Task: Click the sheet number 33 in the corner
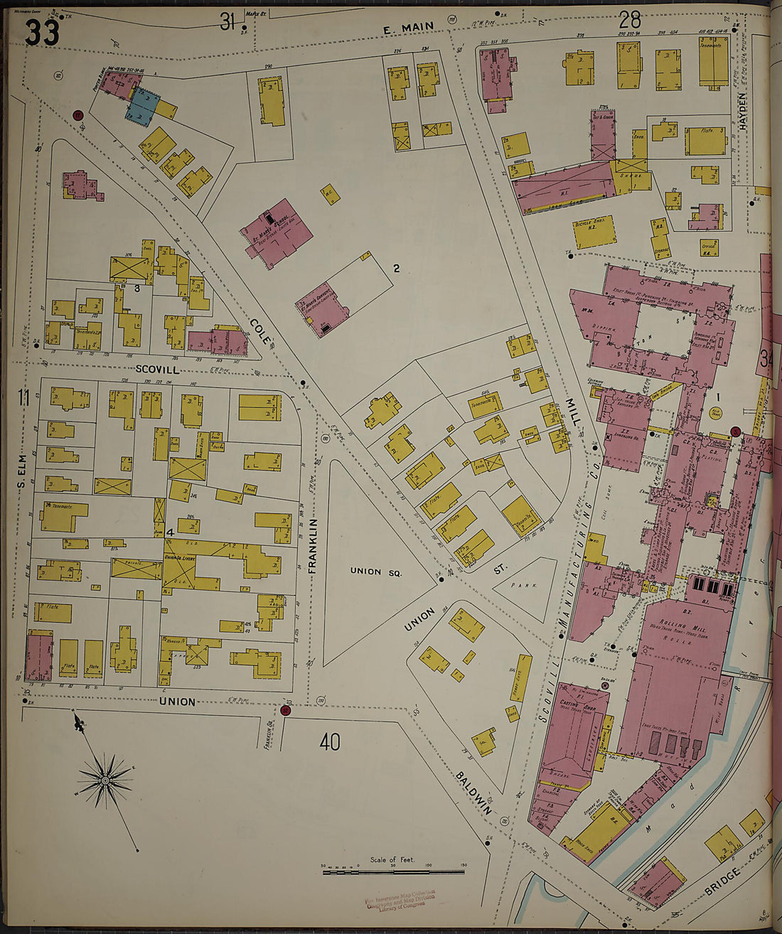[x=43, y=33]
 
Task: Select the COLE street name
[x=260, y=331]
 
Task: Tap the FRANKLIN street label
[x=312, y=545]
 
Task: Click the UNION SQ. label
[x=375, y=571]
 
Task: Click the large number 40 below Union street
[x=329, y=743]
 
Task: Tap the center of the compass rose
[x=105, y=780]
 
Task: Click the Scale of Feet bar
[x=393, y=870]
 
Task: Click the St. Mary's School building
[x=277, y=232]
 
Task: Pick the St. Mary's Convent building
[x=322, y=310]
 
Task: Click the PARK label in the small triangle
[x=525, y=586]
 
